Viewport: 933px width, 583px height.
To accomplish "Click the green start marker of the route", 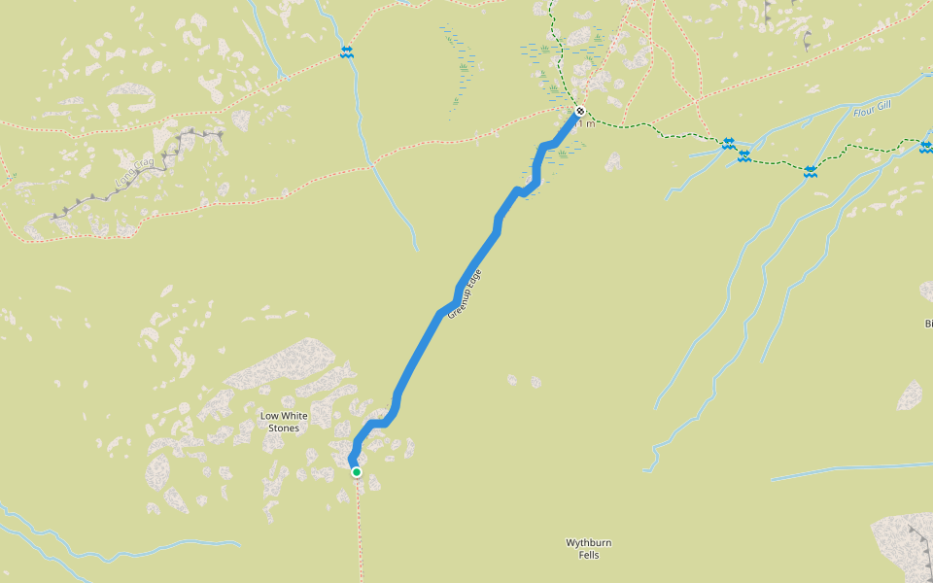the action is point(357,472).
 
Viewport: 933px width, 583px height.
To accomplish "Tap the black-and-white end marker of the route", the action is point(580,111).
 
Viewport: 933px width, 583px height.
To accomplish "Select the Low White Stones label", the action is point(284,422).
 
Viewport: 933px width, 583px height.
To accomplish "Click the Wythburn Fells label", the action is point(589,549).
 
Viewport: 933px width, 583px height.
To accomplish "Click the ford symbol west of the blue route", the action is point(346,52).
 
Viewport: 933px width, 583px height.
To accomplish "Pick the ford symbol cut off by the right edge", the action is point(925,147).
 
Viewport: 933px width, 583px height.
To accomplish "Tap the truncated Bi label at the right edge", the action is point(928,324).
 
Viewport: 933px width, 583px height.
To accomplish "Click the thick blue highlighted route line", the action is point(428,330).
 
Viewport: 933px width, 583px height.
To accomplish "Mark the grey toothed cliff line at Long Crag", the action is point(146,169).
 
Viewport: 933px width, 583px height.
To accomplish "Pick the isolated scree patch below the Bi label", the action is point(910,394).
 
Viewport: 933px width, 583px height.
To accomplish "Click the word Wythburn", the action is point(589,542).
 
